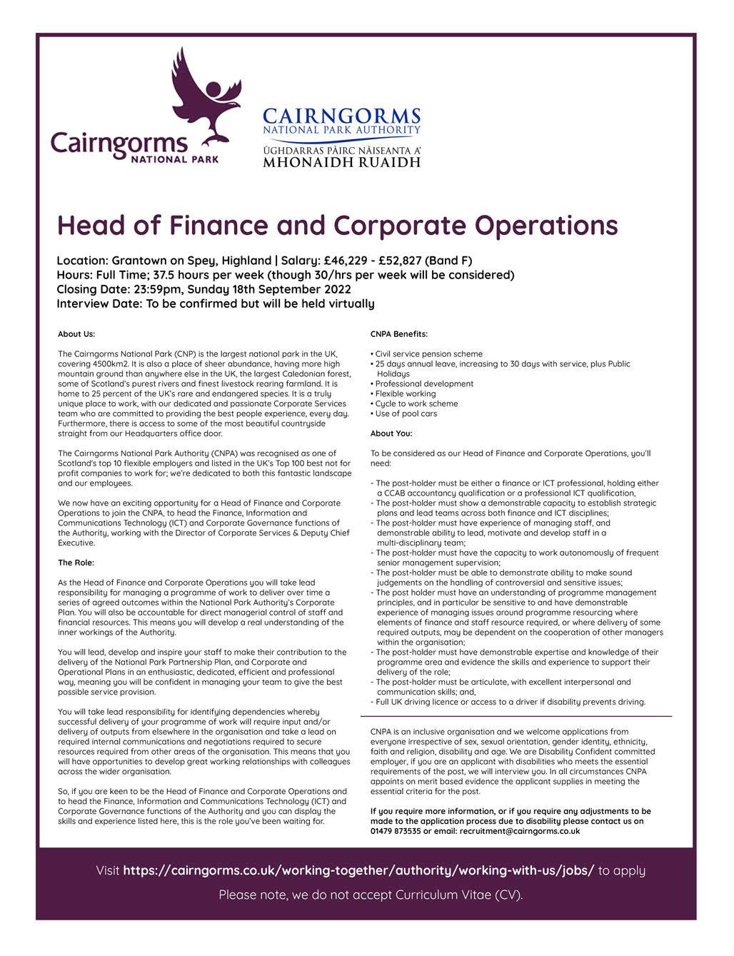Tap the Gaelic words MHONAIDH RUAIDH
pos(341,163)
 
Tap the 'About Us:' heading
pos(76,334)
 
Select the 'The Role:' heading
pos(76,563)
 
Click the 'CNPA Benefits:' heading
pos(399,334)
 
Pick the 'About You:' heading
pos(391,433)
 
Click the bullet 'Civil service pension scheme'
pos(428,354)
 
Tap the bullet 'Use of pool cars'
pos(406,413)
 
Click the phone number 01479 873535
pos(396,831)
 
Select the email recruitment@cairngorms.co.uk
pos(520,831)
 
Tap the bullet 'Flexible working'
pos(405,393)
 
